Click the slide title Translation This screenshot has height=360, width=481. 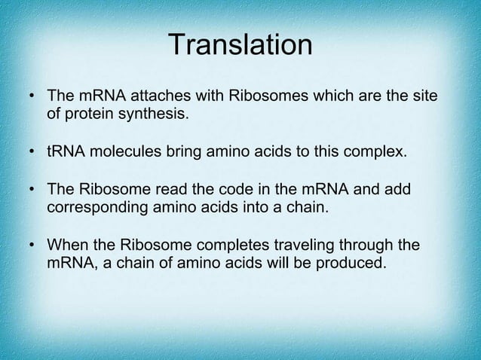[240, 44]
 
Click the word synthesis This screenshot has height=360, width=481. [155, 115]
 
